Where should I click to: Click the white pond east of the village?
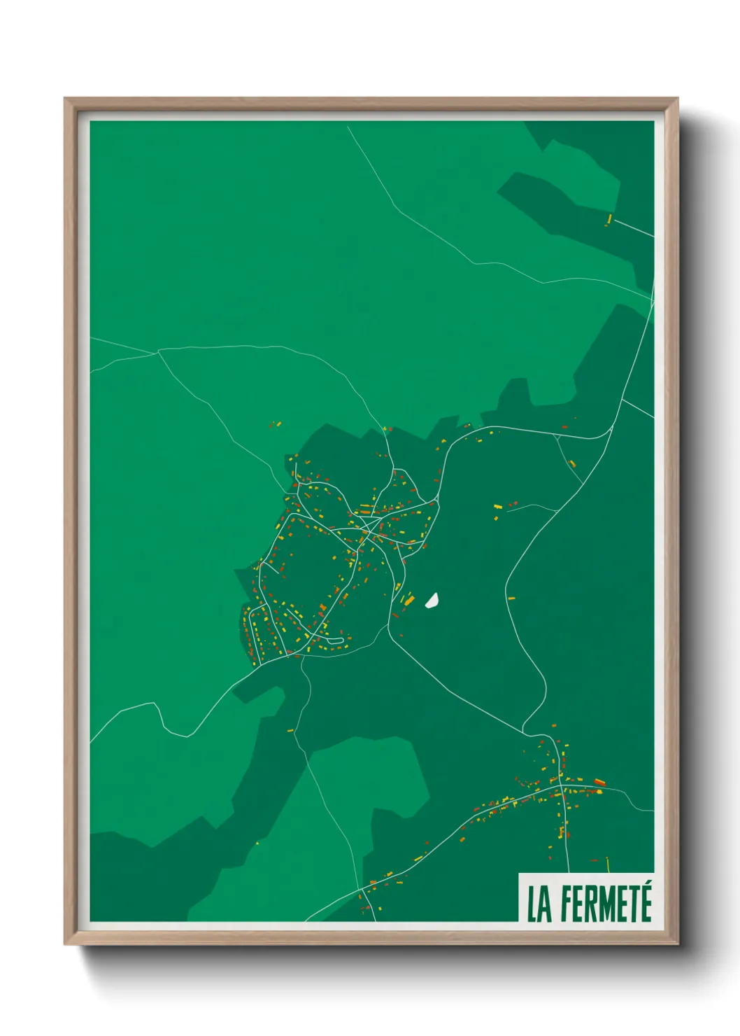(x=432, y=600)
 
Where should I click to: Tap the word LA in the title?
(x=538, y=904)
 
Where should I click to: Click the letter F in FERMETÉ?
(x=567, y=904)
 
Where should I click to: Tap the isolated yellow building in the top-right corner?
(x=609, y=220)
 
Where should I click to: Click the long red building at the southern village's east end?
(x=599, y=782)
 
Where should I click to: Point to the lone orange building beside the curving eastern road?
(x=511, y=598)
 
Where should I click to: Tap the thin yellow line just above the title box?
(x=608, y=864)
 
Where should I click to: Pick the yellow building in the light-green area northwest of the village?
(x=277, y=423)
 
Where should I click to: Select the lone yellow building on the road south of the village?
(x=290, y=730)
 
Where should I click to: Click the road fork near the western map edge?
(x=158, y=352)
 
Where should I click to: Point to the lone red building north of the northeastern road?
(x=565, y=426)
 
